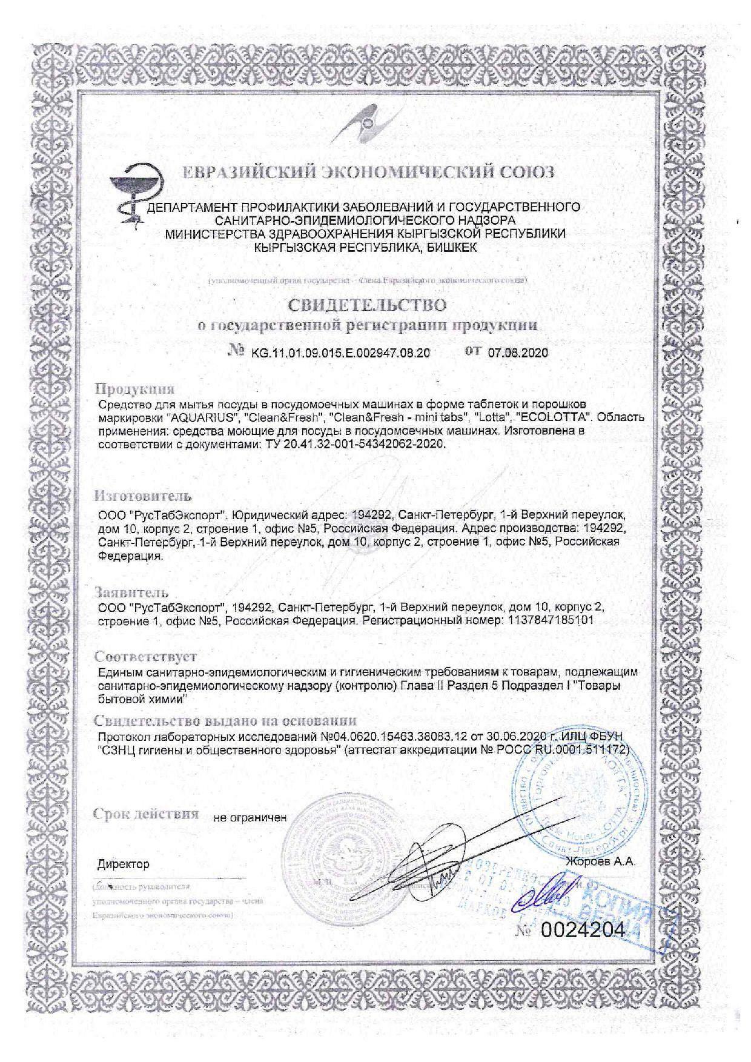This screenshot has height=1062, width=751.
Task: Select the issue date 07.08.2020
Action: click(518, 353)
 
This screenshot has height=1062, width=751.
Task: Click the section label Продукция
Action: click(134, 388)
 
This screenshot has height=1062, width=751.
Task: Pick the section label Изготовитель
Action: click(142, 497)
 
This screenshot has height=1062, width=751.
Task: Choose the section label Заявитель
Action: click(131, 592)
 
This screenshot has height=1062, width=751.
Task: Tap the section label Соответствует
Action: click(145, 657)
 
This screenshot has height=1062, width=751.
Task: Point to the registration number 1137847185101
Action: click(549, 620)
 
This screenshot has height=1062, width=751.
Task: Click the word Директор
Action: click(123, 864)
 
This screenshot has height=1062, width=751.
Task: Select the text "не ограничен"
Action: click(250, 817)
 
